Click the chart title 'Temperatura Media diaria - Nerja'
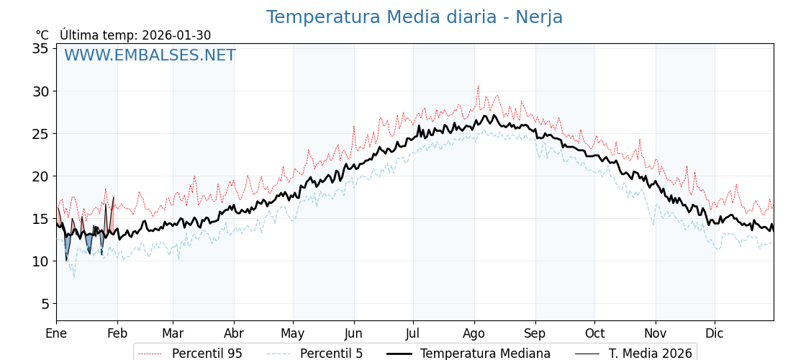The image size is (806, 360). click(414, 17)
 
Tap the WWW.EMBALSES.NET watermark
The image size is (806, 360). click(150, 55)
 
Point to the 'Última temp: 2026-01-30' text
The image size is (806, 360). click(135, 35)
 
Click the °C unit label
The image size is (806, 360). click(42, 35)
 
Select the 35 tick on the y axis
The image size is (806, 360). click(40, 48)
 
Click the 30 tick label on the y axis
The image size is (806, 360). click(40, 91)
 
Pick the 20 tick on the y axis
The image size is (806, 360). click(40, 176)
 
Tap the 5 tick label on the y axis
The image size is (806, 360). click(44, 304)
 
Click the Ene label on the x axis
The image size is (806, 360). click(56, 333)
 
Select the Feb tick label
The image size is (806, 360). click(117, 333)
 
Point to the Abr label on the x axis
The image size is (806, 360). click(234, 333)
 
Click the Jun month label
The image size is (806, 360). click(353, 333)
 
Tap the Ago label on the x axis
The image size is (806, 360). click(474, 333)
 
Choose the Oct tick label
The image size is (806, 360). click(594, 333)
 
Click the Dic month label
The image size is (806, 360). click(715, 333)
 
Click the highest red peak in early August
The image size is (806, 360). click(477, 86)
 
